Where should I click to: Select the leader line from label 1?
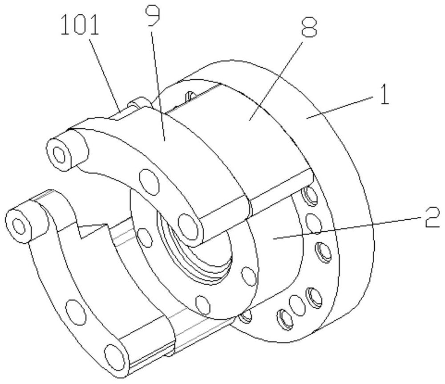[x=339, y=107]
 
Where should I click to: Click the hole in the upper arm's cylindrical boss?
[x=60, y=155]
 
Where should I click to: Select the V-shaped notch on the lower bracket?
[x=93, y=230]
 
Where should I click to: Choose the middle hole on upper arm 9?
[x=149, y=182]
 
